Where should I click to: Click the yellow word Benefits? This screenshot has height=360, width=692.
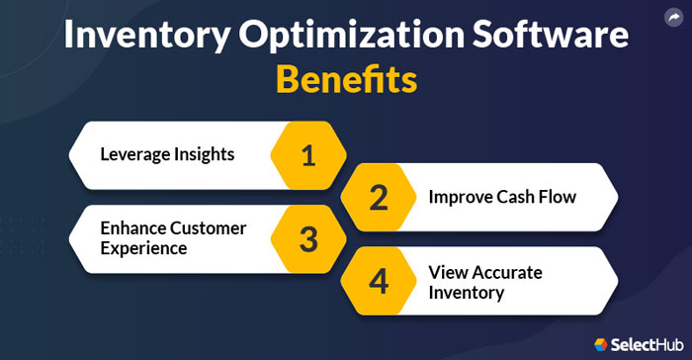click(346, 79)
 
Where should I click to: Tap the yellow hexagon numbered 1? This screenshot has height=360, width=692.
click(308, 154)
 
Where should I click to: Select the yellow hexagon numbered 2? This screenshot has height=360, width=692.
click(379, 196)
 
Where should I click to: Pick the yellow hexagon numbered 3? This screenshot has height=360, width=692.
click(308, 238)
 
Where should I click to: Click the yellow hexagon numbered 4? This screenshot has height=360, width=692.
click(379, 281)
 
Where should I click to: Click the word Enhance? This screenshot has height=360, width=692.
click(133, 228)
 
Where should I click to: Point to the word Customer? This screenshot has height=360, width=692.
click(209, 228)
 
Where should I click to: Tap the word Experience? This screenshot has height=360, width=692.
click(143, 248)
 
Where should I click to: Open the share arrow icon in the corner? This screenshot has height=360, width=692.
click(674, 16)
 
